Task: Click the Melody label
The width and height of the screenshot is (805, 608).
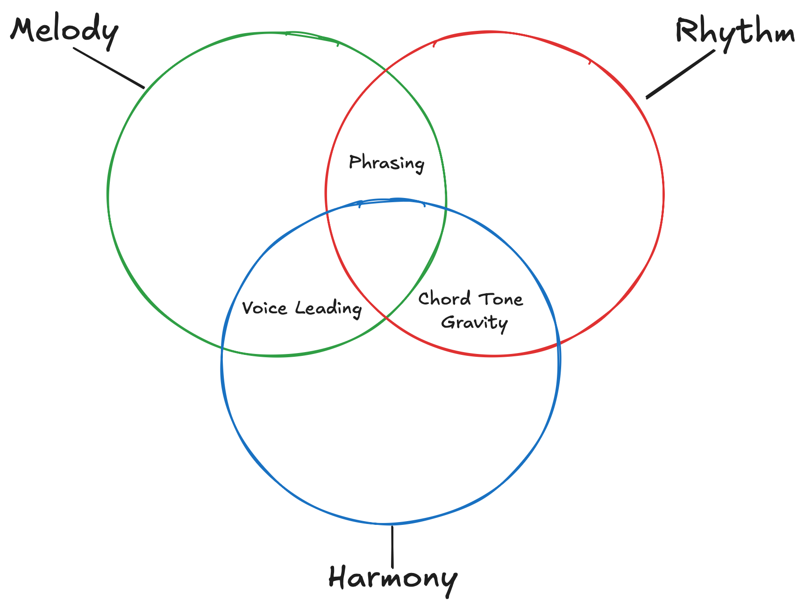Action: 64,31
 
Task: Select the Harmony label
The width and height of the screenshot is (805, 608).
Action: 392,578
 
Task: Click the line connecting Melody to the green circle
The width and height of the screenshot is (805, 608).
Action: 109,68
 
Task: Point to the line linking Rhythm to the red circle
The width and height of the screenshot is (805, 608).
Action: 680,74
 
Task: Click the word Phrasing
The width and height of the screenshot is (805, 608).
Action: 386,163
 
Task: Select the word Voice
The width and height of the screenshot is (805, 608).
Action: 264,308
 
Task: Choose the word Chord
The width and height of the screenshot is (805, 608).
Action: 444,298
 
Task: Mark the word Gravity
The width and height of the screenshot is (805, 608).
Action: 474,323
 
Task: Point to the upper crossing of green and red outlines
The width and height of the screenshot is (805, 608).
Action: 385,70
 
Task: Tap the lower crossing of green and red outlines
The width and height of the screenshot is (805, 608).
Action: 386,318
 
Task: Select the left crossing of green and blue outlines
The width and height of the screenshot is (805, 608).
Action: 222,348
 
